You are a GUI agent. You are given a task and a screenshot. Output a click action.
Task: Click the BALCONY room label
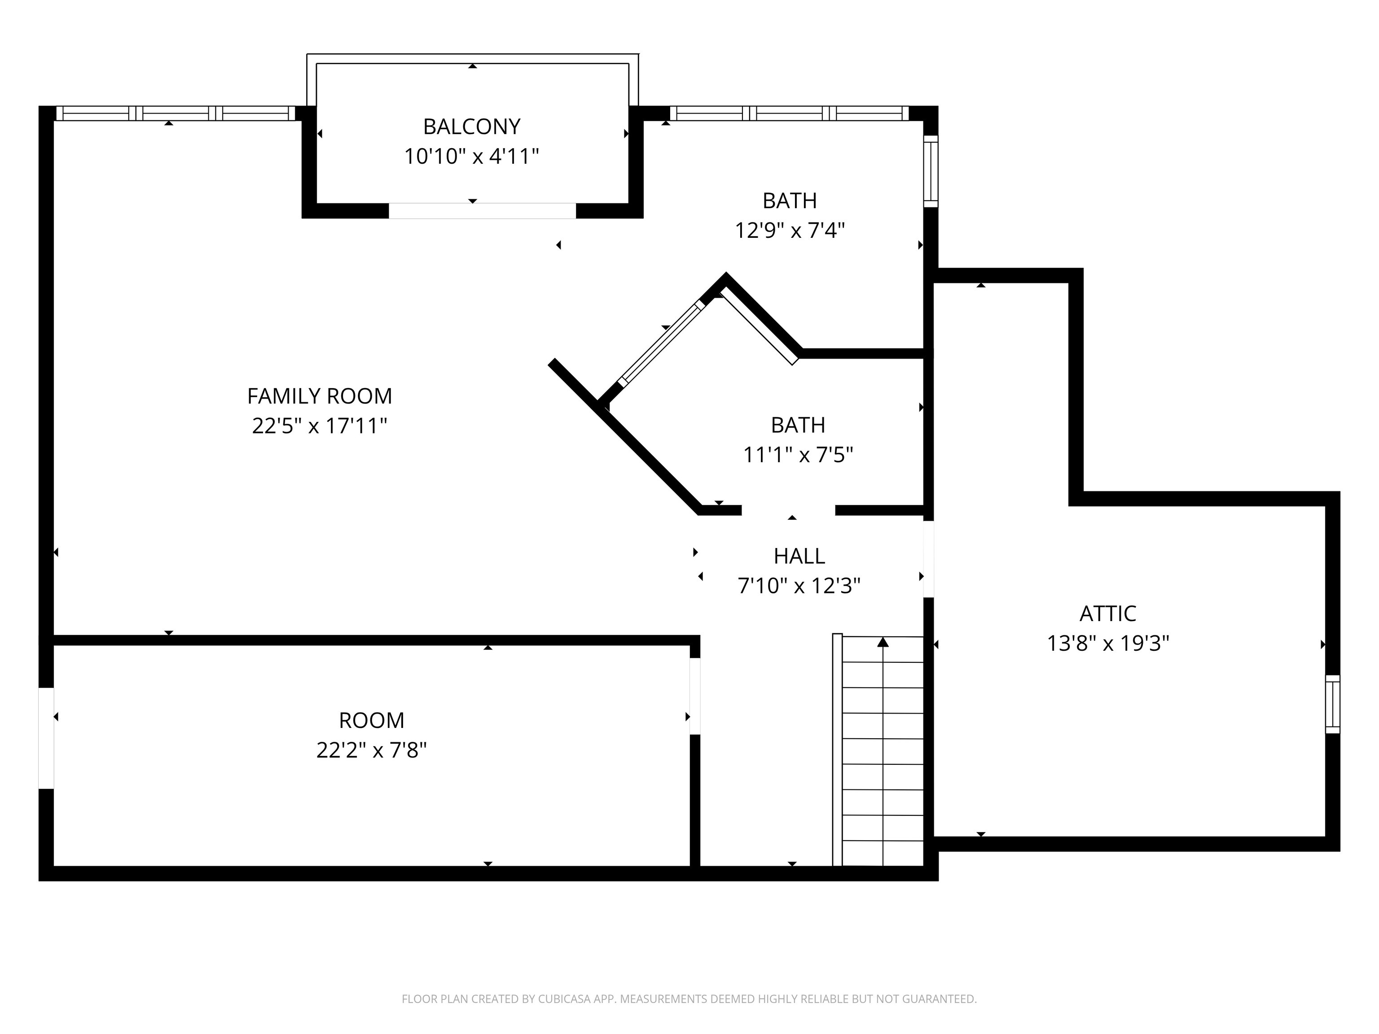coord(471,127)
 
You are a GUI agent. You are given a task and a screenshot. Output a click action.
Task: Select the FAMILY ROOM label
coord(319,396)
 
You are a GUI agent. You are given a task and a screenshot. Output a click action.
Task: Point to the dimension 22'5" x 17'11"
coord(319,426)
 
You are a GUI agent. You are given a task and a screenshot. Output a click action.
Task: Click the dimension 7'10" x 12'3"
coord(799,585)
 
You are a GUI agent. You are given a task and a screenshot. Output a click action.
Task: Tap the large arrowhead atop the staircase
coord(883,642)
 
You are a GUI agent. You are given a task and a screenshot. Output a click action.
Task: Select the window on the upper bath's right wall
coord(930,171)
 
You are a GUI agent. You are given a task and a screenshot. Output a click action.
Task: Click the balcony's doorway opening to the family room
coord(482,210)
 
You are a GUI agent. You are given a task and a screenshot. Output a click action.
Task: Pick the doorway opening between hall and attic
coord(928,559)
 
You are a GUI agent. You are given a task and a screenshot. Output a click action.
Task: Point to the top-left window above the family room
coord(175,114)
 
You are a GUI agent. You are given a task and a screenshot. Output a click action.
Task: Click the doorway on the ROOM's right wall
coord(694,696)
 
